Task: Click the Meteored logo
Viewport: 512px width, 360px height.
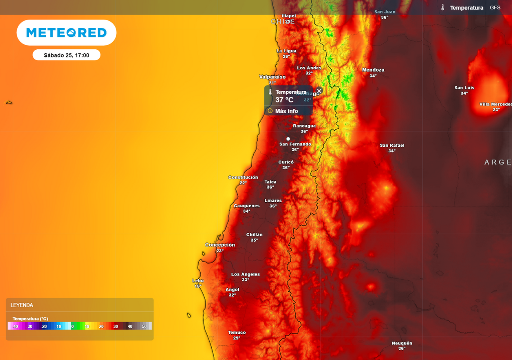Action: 66,33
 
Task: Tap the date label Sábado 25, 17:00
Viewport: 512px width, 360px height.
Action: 66,55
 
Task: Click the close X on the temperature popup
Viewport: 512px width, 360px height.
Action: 319,91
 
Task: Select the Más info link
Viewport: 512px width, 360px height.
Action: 286,111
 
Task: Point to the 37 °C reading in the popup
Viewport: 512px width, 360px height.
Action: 284,100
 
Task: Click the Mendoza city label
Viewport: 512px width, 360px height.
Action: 373,70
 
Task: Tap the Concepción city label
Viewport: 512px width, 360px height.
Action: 220,245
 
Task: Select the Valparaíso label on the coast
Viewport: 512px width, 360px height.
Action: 272,77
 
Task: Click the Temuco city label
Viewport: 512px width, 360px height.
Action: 237,332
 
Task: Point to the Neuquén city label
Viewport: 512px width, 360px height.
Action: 402,343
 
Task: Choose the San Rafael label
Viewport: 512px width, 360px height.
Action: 392,145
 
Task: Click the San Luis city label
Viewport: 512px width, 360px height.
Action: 464,88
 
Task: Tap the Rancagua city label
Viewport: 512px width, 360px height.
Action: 304,126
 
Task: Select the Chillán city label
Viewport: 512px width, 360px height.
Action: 254,235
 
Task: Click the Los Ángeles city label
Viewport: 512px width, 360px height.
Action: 245,274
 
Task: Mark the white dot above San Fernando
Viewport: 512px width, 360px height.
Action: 288,139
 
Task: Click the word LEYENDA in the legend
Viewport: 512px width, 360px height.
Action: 22,305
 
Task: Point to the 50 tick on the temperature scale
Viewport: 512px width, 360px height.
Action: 144,326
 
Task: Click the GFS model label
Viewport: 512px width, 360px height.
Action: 495,8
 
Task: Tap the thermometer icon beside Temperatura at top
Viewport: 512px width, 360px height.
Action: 443,8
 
